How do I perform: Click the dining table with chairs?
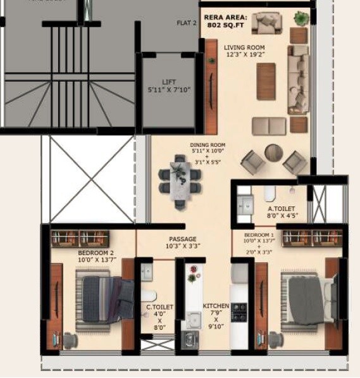pos(178,178)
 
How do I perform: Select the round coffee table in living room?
pos(274,153)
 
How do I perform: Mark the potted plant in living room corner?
pos(301,18)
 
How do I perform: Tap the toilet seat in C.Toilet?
pos(149,296)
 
